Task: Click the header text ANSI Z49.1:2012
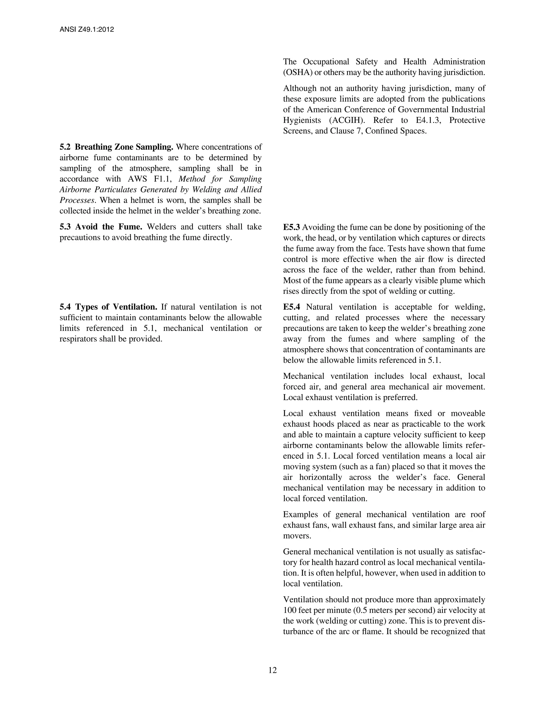tap(87, 30)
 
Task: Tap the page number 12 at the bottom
tap(272, 670)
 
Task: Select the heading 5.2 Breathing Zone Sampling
tap(117, 147)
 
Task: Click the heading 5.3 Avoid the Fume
tap(101, 227)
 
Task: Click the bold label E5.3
tap(291, 227)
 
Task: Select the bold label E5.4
tap(291, 307)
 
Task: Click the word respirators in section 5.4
tap(80, 339)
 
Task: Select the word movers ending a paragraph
tap(297, 536)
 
